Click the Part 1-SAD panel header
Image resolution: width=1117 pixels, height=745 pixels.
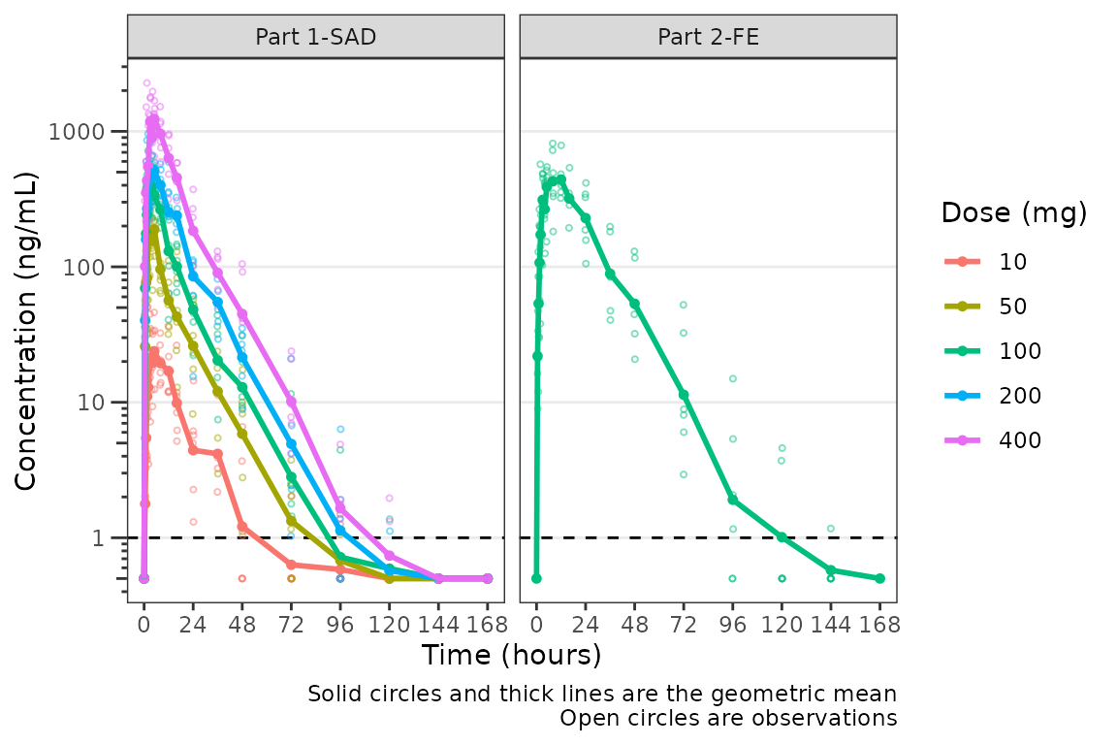(316, 37)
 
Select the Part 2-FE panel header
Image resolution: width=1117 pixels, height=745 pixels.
(708, 37)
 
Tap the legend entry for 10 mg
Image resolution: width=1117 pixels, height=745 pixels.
(1012, 262)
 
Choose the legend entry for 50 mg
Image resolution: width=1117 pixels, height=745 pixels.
(1012, 307)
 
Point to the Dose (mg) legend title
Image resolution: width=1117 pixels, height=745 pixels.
(1013, 213)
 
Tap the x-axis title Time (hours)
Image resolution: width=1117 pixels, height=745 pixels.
(511, 656)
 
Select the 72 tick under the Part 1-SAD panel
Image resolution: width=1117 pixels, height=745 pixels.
(291, 624)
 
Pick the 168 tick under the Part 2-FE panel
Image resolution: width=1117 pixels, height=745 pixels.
(879, 624)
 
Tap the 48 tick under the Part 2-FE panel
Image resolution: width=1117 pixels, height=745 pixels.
(634, 624)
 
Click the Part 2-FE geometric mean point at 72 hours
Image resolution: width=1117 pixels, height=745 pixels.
(684, 395)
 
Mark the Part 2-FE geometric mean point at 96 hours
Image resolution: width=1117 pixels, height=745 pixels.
(733, 500)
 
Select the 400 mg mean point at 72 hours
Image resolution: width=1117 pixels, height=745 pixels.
(291, 401)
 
